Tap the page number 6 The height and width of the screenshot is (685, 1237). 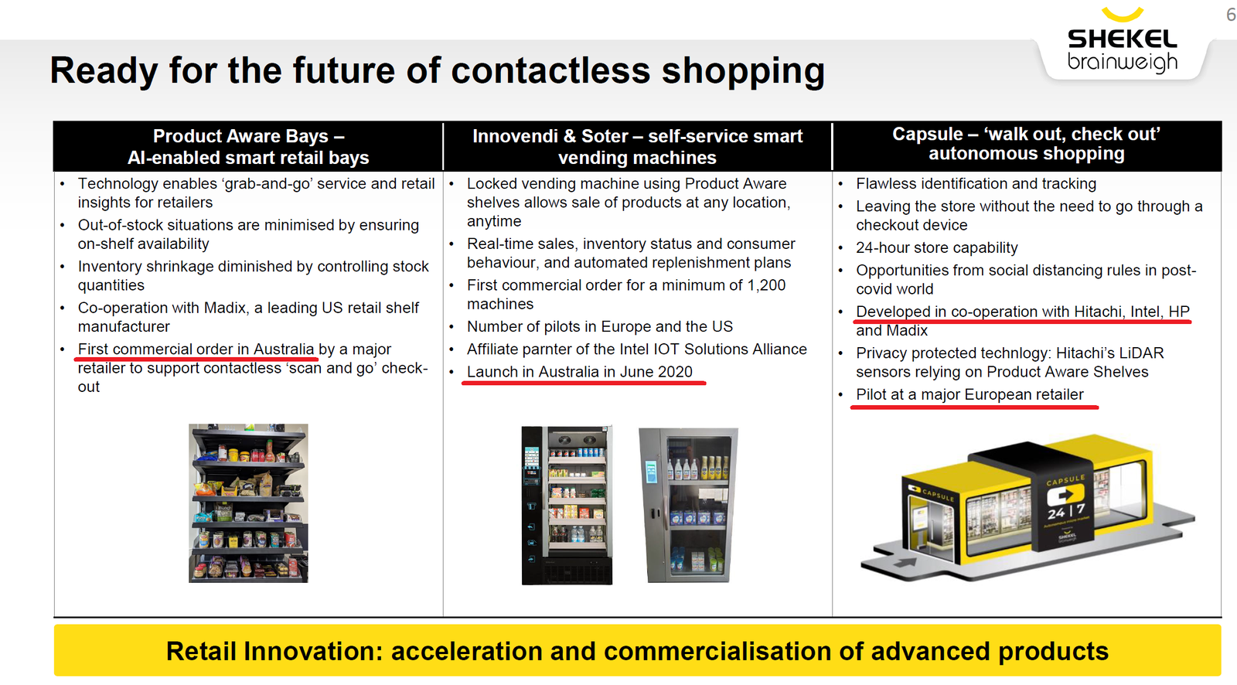pyautogui.click(x=1231, y=15)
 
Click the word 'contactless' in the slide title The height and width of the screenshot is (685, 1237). pyautogui.click(x=551, y=70)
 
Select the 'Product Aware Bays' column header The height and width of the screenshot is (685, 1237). pyautogui.click(x=248, y=146)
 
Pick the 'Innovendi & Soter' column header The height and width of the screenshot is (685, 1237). pyautogui.click(x=637, y=146)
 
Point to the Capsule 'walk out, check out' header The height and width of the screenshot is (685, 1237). pyautogui.click(x=1026, y=144)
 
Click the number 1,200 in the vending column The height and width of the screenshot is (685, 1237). pyautogui.click(x=765, y=285)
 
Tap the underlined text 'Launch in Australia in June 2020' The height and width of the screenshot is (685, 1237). pyautogui.click(x=580, y=372)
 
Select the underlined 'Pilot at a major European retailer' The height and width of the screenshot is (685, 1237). pyautogui.click(x=969, y=394)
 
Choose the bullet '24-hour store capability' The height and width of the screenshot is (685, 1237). pyautogui.click(x=936, y=247)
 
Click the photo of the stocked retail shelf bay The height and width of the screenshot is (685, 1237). pyautogui.click(x=248, y=503)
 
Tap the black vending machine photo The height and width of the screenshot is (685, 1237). pyautogui.click(x=567, y=506)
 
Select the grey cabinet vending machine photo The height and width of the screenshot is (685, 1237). pyautogui.click(x=689, y=506)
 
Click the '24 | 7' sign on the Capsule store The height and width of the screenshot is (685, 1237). pyautogui.click(x=1066, y=512)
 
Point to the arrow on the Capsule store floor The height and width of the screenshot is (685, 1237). pyautogui.click(x=905, y=563)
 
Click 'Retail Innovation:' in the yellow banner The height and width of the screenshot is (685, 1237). pyautogui.click(x=274, y=651)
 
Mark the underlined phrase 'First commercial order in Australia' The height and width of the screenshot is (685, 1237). pyautogui.click(x=196, y=349)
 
